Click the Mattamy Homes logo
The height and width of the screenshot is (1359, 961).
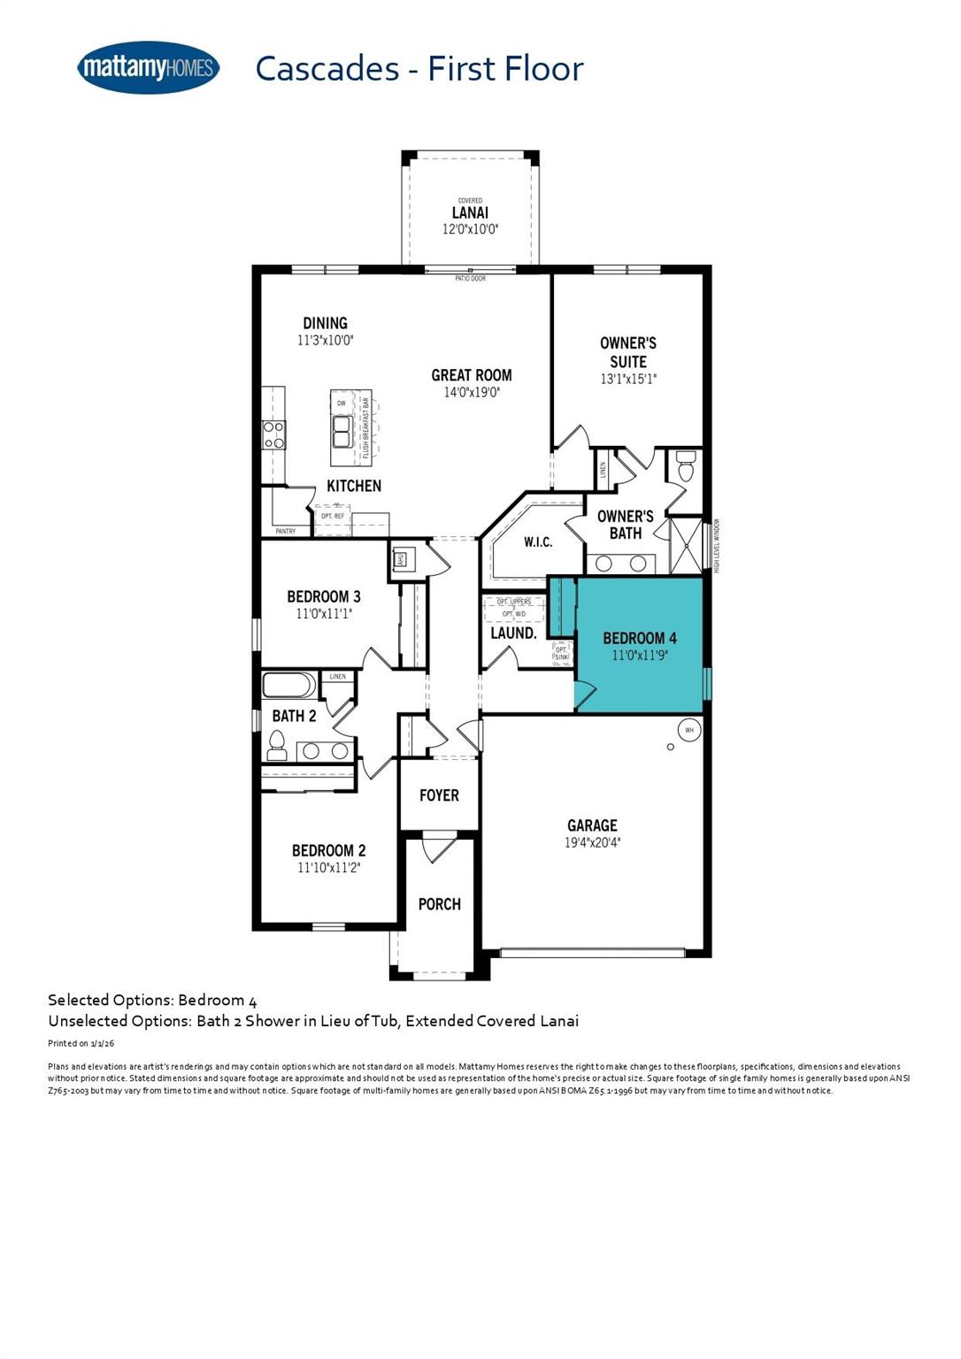(148, 67)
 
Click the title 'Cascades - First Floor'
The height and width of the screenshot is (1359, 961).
(419, 69)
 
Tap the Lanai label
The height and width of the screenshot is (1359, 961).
(470, 212)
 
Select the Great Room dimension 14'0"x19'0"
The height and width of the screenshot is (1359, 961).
(472, 392)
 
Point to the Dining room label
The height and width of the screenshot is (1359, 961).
(325, 323)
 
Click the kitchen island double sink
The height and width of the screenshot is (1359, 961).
(342, 434)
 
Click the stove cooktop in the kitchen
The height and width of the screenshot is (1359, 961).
(273, 434)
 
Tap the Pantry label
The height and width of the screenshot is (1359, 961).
(285, 531)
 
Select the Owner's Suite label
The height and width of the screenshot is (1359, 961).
(627, 352)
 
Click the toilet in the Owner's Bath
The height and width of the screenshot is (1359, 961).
(685, 468)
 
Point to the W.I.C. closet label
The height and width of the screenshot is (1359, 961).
(537, 541)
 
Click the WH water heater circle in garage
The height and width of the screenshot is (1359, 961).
(689, 730)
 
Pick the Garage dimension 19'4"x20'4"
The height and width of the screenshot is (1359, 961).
(592, 843)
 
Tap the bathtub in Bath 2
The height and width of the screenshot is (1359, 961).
(289, 686)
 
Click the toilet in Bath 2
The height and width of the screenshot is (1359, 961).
(277, 749)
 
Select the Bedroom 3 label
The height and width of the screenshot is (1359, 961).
(323, 596)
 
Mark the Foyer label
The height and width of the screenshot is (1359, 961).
(439, 795)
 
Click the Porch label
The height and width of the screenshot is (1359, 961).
(439, 903)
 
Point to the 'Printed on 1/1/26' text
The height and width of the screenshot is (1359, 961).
(81, 1044)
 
